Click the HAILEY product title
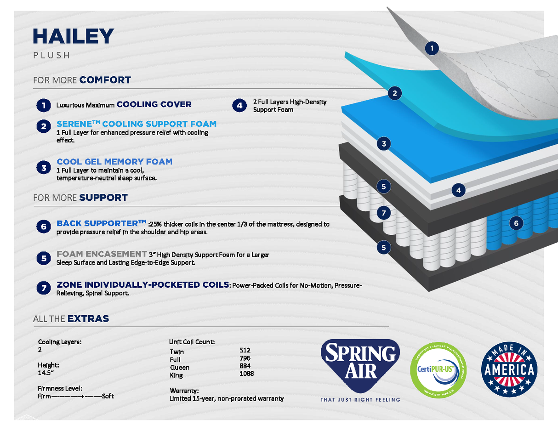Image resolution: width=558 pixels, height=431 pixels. (x=74, y=36)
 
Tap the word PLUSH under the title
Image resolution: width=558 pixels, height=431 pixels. (x=51, y=56)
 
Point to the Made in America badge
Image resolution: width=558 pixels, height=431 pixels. (x=509, y=368)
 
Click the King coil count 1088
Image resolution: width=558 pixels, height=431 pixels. (x=247, y=374)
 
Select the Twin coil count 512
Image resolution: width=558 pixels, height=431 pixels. (x=245, y=350)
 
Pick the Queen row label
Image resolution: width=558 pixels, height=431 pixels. (x=180, y=368)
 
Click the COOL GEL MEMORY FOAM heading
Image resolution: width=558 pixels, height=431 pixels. (x=114, y=162)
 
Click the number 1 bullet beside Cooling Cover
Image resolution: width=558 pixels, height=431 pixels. (x=43, y=105)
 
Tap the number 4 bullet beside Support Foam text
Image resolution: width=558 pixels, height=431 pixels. (x=239, y=106)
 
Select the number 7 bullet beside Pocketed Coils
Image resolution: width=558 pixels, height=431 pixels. (x=43, y=288)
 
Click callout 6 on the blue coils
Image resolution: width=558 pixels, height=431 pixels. (x=516, y=223)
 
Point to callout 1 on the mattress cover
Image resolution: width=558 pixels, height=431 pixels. (x=432, y=48)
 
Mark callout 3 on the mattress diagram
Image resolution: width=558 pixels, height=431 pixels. (x=383, y=144)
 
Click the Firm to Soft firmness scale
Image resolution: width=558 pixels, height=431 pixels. (x=76, y=396)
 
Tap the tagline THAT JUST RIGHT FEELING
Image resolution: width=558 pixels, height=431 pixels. (x=360, y=400)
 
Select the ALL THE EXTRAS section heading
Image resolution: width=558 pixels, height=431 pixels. (x=71, y=319)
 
